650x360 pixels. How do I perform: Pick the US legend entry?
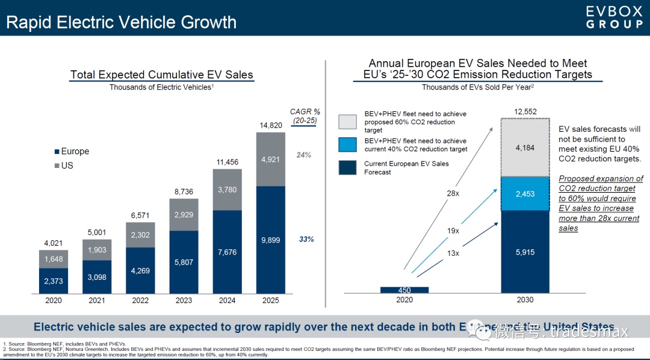[63, 165]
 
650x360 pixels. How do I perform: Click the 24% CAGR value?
[303, 155]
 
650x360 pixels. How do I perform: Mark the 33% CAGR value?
[306, 240]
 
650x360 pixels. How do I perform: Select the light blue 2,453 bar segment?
[525, 193]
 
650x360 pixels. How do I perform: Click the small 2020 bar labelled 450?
[404, 290]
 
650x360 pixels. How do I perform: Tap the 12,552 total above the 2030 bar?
[525, 111]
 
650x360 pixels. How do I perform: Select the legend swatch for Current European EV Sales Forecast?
[348, 167]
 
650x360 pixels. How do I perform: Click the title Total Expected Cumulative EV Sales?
[161, 75]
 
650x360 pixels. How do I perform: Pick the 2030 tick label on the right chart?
[525, 300]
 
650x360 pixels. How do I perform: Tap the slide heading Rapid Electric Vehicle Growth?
[121, 22]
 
